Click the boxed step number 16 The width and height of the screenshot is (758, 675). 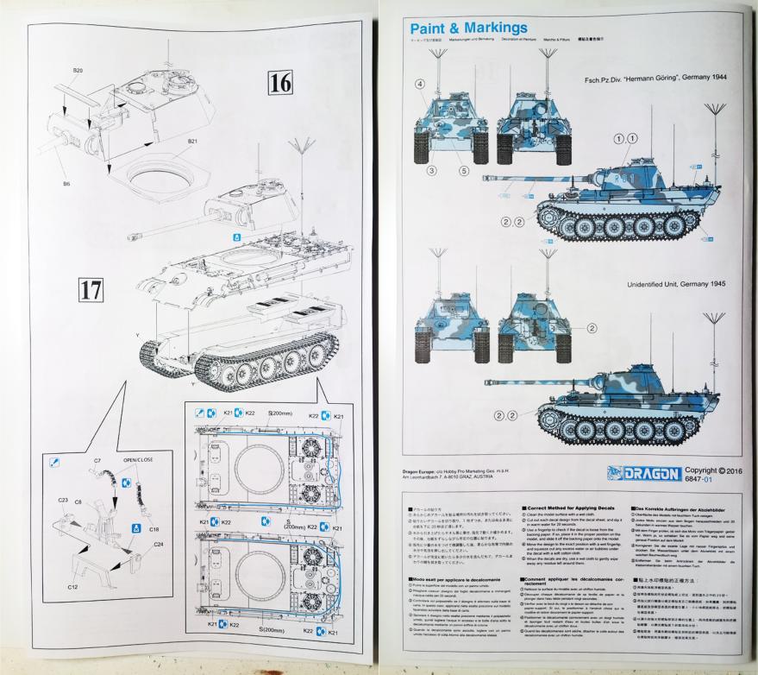281,83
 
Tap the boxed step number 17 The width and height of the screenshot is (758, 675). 91,289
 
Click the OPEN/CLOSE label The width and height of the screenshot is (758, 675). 138,460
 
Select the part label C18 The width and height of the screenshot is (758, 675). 153,528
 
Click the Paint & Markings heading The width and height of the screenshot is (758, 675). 469,28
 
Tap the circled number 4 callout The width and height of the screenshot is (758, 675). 421,84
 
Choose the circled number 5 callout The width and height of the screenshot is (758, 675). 463,171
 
